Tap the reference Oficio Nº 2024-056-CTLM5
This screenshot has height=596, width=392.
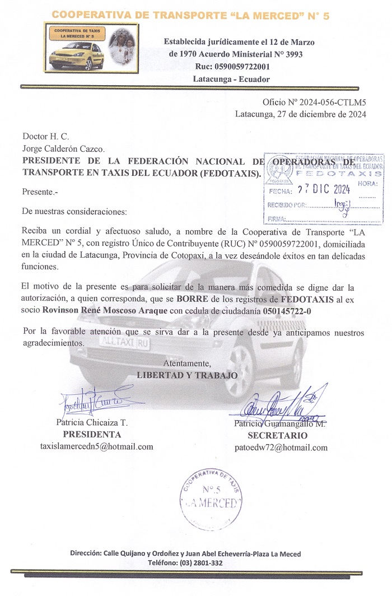(x=314, y=103)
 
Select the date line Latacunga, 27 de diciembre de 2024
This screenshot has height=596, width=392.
(x=300, y=114)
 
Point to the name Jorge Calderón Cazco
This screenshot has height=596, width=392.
(x=63, y=148)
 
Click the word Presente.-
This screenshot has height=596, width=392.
(x=40, y=192)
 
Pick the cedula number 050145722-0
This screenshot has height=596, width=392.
(x=295, y=311)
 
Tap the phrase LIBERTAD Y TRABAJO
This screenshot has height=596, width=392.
(x=187, y=375)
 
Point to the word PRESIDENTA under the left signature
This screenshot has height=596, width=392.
(x=92, y=434)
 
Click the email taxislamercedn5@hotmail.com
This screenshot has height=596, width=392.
(x=97, y=446)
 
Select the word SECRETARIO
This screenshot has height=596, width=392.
(x=277, y=435)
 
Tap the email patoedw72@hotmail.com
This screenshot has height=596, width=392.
(x=281, y=448)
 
